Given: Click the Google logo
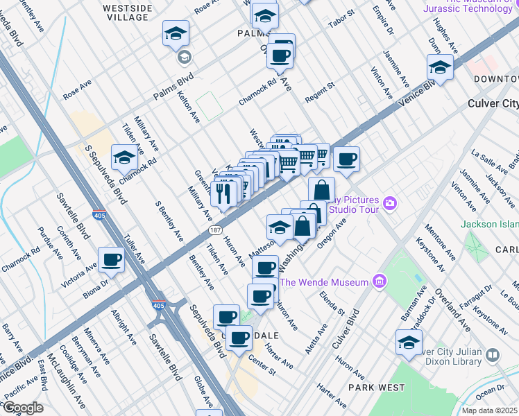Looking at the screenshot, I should (x=22, y=408).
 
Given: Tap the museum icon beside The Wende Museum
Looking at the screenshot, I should (x=379, y=281).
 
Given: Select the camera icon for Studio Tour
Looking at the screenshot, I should (x=390, y=203).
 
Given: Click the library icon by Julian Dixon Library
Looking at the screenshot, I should (x=493, y=355).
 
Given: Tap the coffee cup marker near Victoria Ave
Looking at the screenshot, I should (x=112, y=261).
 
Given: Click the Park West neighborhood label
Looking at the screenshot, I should (x=371, y=386).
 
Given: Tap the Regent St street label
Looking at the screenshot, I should (x=321, y=92).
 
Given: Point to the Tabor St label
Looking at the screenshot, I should (x=341, y=22).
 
